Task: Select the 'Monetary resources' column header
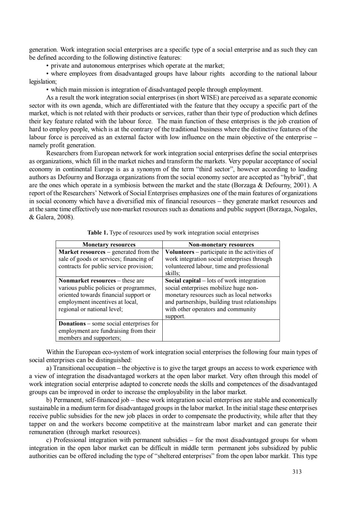click(x=109, y=245)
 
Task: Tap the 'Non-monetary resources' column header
click(x=221, y=245)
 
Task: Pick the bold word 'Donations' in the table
click(x=72, y=323)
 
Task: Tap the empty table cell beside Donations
click(x=221, y=330)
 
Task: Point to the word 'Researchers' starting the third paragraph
click(x=63, y=153)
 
